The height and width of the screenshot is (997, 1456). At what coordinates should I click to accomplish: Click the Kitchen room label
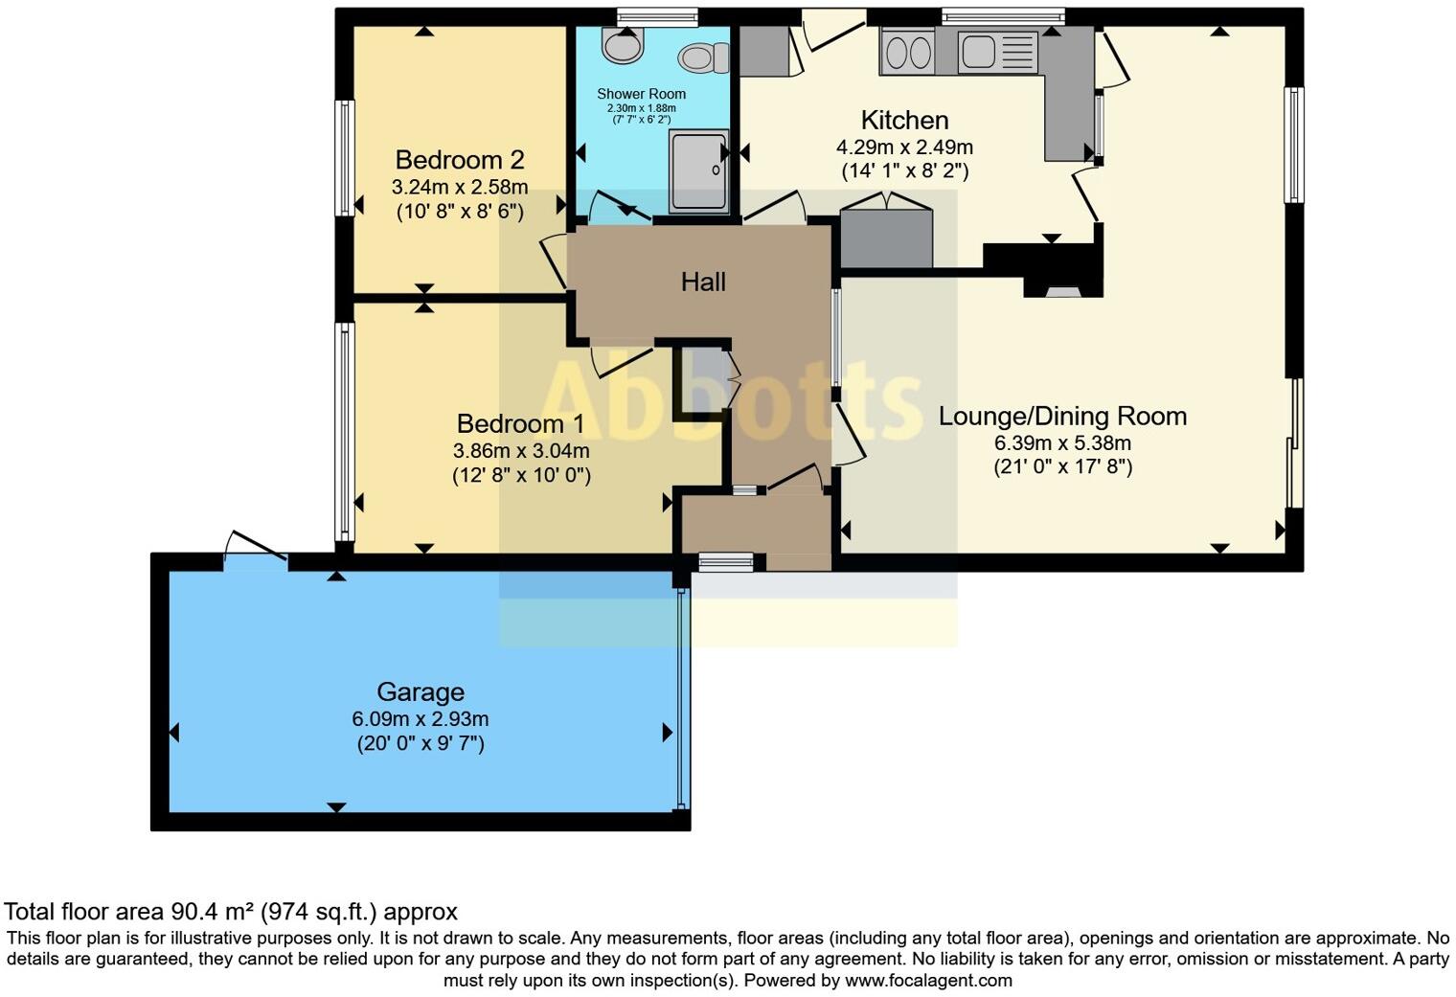904,121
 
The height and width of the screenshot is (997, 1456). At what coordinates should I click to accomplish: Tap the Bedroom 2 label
459,160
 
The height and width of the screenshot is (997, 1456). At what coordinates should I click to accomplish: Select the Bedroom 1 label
520,423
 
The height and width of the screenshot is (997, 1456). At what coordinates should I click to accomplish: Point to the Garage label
420,691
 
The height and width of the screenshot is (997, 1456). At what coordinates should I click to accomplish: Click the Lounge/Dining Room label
1062,417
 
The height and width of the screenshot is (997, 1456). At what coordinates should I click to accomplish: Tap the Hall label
703,282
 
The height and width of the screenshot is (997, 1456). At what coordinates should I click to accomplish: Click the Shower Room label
641,94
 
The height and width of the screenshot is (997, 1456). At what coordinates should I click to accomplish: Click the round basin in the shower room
623,45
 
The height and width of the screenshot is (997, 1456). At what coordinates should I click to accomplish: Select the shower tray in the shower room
698,170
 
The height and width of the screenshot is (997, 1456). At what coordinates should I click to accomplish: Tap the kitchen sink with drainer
997,51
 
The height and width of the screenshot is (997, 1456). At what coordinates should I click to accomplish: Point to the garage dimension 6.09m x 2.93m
420,719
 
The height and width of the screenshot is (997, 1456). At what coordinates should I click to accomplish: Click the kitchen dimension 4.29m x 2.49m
904,147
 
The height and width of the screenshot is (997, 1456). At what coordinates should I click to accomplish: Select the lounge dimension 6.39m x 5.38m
1062,443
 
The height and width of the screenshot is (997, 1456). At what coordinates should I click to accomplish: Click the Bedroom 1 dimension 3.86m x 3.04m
520,450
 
